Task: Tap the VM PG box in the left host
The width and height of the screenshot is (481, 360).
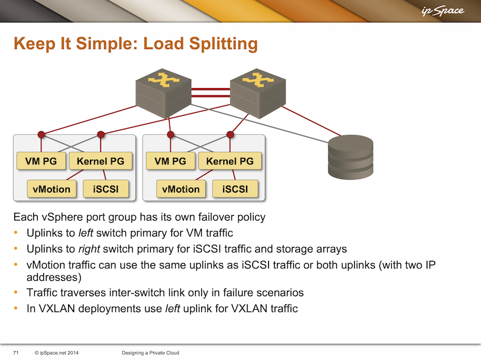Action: (x=41, y=161)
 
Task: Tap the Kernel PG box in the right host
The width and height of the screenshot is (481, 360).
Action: (x=230, y=161)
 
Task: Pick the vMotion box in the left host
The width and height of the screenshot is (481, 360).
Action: (x=51, y=189)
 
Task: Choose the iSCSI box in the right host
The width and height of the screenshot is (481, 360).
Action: (x=234, y=189)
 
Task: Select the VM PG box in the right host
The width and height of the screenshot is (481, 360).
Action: (x=170, y=161)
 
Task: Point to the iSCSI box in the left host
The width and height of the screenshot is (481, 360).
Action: (x=105, y=189)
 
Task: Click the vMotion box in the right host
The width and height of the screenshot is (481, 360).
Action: (x=181, y=189)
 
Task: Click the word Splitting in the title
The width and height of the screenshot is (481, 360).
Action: (x=221, y=44)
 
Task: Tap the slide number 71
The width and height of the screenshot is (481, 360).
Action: (x=16, y=353)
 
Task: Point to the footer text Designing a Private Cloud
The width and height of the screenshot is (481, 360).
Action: (x=150, y=353)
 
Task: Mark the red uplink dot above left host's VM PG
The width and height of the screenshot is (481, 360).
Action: (x=41, y=134)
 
